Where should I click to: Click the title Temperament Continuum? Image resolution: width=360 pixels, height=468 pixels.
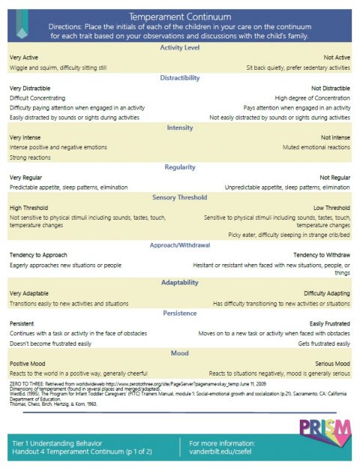(x=180, y=15)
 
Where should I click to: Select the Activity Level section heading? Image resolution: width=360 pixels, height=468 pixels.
(x=180, y=48)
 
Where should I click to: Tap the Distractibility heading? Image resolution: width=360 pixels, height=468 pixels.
(x=180, y=77)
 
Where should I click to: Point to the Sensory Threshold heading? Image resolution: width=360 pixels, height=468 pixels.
(x=180, y=197)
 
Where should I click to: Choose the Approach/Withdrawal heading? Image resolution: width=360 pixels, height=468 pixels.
(x=180, y=244)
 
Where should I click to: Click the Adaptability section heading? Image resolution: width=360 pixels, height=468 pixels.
(x=180, y=283)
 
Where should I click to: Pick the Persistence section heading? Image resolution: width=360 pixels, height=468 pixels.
(x=180, y=313)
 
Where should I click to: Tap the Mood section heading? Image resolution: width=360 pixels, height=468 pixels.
(x=180, y=352)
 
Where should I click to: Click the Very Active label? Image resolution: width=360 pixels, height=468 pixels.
(x=25, y=57)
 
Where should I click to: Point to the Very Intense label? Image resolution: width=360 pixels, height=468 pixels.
(x=26, y=137)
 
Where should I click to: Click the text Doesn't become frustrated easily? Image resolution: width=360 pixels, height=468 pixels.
(x=50, y=343)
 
